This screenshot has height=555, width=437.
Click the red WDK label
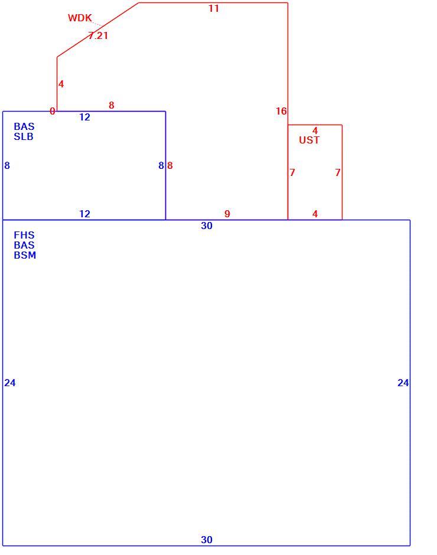(80, 18)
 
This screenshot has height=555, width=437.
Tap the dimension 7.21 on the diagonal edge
(98, 35)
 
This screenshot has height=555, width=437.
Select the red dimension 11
(214, 8)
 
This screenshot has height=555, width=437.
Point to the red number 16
(281, 111)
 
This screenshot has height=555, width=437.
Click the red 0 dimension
(53, 111)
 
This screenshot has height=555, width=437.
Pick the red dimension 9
(227, 214)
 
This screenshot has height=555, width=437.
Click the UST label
(309, 140)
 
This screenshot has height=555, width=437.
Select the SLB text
(24, 136)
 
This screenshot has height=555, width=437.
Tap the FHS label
(24, 235)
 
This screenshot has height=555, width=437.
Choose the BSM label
(25, 255)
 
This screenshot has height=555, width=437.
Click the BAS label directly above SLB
(24, 126)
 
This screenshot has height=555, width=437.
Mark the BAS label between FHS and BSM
(24, 245)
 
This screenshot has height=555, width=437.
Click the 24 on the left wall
(10, 383)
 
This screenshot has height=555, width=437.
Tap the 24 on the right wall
(403, 383)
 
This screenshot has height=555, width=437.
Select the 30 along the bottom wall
(207, 540)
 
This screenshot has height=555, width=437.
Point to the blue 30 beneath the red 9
(207, 226)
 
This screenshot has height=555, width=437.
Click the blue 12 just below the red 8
(84, 117)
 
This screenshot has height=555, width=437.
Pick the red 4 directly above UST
(315, 130)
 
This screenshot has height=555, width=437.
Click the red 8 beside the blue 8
(170, 165)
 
